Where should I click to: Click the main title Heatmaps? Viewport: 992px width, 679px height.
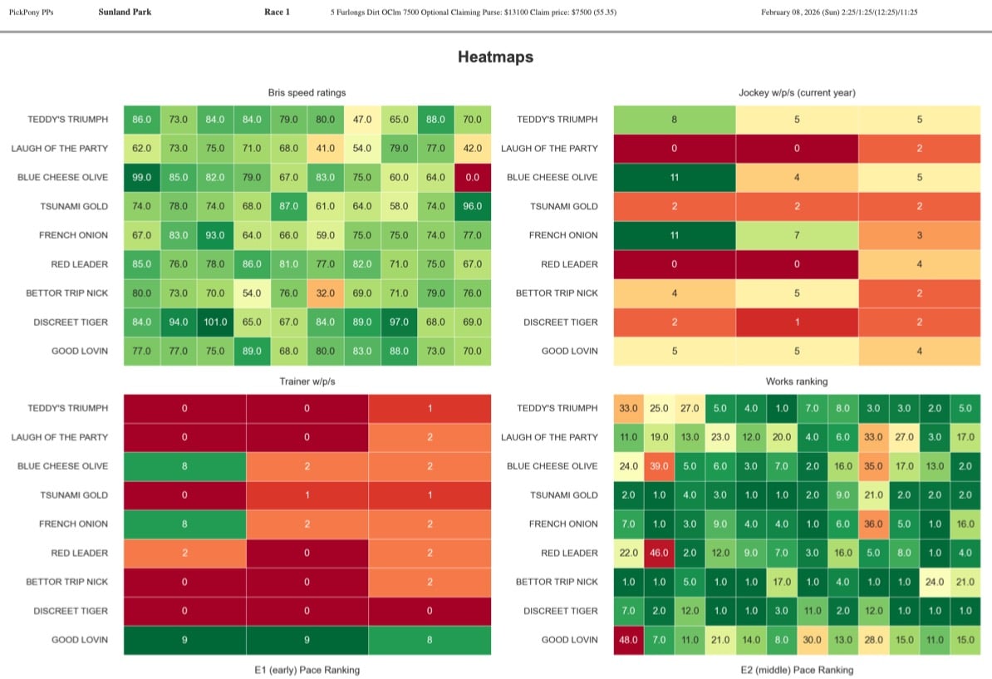(495, 57)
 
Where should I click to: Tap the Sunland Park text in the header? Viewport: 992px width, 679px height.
(125, 12)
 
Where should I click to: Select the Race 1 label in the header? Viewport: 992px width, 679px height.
(276, 12)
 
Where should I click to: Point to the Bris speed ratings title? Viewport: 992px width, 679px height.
(307, 92)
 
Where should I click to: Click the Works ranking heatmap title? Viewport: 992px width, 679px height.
(798, 381)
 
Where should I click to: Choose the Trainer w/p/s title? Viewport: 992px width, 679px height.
(307, 381)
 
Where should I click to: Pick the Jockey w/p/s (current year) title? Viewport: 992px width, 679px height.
(798, 92)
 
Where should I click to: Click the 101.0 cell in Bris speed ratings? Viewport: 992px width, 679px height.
(215, 322)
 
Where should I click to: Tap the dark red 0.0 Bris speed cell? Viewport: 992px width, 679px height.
(473, 177)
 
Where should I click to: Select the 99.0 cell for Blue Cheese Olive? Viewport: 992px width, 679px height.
(142, 177)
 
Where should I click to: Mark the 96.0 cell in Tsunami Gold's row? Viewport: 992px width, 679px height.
(473, 206)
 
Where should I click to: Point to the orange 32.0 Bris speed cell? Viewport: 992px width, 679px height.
(326, 293)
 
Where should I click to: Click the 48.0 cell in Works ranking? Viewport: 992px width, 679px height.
(628, 639)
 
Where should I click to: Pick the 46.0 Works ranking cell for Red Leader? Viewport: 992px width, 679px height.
(659, 553)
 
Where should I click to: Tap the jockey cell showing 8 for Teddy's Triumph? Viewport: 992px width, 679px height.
(674, 120)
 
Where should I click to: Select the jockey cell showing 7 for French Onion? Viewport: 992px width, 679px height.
(797, 235)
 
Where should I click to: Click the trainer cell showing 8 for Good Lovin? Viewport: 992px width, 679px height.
(430, 639)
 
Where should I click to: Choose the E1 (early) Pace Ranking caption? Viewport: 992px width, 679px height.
(307, 669)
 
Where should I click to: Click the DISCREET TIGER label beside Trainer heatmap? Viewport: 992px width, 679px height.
(71, 611)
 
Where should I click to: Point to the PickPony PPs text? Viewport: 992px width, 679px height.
(32, 12)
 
